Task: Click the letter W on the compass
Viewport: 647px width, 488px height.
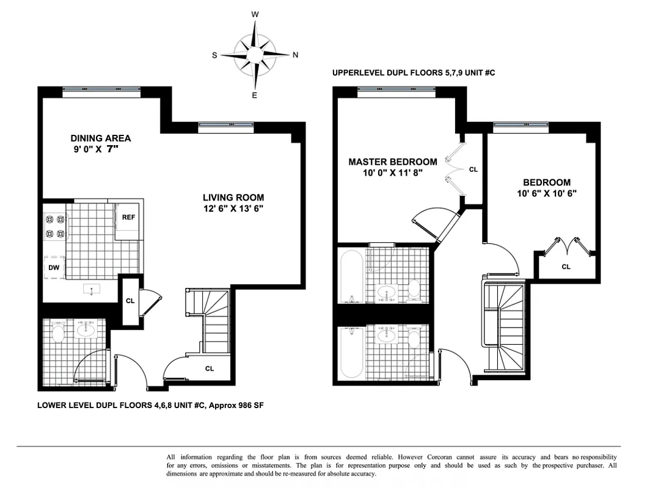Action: point(255,14)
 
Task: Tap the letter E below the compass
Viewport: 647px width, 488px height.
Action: point(255,95)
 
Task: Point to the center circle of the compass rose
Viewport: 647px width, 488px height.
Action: point(255,55)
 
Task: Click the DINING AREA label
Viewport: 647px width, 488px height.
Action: point(100,138)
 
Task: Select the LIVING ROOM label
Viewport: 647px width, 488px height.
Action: point(233,197)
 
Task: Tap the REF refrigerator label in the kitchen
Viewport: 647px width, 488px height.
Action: point(128,217)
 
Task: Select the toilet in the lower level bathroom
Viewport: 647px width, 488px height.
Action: point(59,333)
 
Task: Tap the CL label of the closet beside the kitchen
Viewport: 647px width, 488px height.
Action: point(130,300)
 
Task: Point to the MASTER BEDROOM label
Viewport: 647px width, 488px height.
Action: point(392,162)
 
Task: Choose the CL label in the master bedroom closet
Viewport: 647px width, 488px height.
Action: point(473,170)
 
